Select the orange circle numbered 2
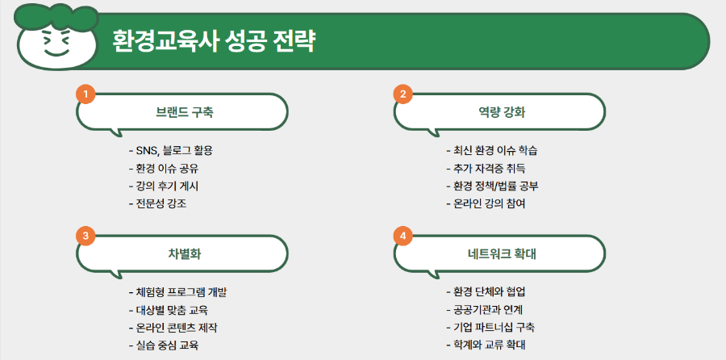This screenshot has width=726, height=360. point(403,95)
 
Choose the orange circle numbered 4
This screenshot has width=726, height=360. point(403,236)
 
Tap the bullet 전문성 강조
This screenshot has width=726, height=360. point(161,204)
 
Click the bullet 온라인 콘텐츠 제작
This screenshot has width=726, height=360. point(177,328)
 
